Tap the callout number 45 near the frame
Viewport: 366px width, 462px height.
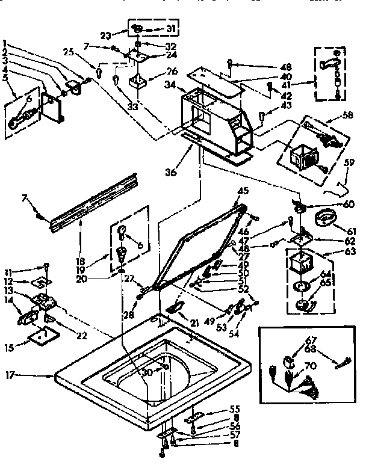coord(243,191)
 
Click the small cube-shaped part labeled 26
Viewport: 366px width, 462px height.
coord(138,81)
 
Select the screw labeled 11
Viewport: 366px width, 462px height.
coord(46,267)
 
